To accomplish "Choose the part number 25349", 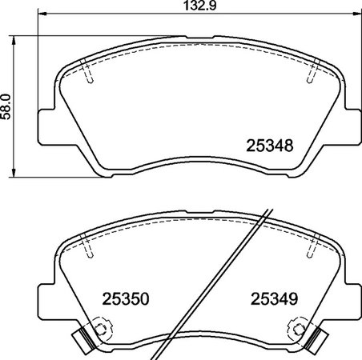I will click(x=276, y=298).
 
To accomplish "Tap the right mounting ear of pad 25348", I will click(x=353, y=126).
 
